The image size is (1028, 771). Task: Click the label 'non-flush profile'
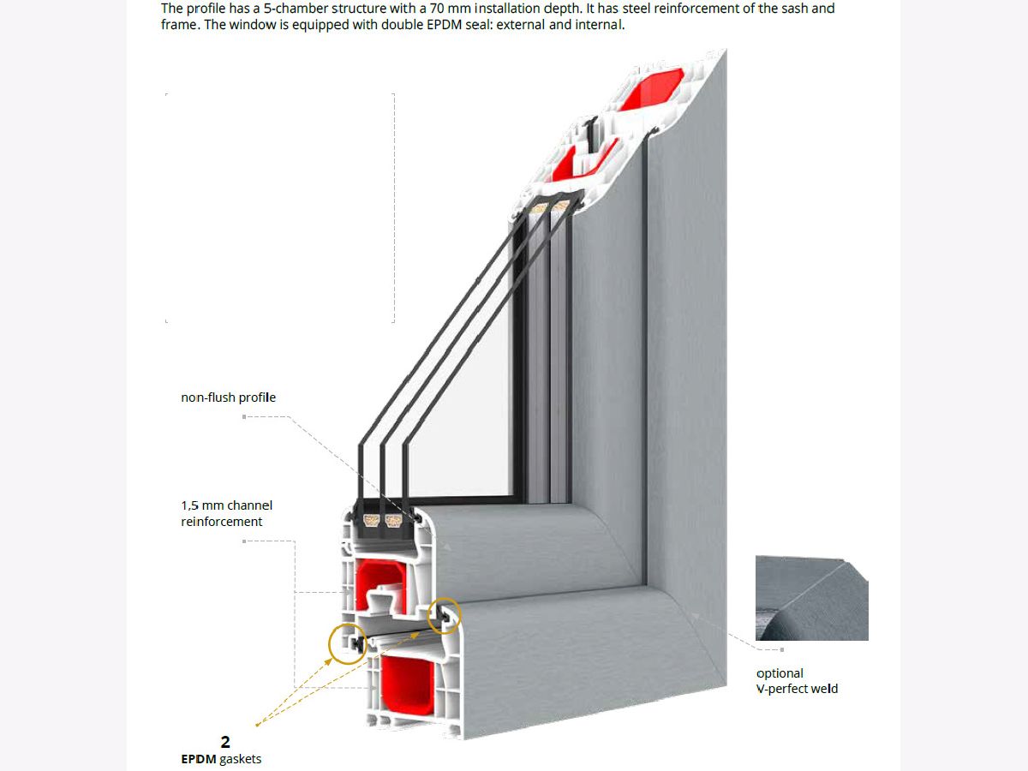228,397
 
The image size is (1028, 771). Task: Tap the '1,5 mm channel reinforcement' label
226,513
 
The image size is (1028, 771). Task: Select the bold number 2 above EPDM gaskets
225,742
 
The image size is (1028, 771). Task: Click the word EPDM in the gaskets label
199,759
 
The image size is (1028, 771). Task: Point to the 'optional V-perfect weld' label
797,681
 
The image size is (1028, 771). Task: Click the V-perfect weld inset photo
811,598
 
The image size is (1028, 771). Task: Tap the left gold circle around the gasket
348,643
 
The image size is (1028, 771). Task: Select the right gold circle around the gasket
445,616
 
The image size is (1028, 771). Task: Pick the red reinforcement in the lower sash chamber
380,585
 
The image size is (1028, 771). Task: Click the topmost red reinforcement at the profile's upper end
651,89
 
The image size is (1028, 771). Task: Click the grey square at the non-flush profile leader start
244,416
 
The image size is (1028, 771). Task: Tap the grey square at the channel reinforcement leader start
244,541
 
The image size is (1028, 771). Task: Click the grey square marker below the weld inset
781,649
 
